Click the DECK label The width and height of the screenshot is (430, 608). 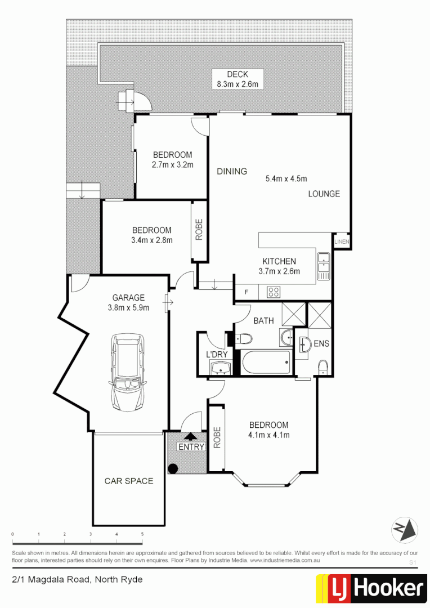coord(237,74)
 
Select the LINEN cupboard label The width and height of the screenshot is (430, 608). coord(342,242)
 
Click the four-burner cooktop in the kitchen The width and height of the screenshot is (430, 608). coord(273,292)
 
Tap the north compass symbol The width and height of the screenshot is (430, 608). coord(405,529)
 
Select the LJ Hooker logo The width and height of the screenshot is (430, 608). coord(371,589)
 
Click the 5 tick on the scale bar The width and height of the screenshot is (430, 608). coord(142,534)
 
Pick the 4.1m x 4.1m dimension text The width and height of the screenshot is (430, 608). coord(268,435)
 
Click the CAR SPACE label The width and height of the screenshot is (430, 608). coord(128,481)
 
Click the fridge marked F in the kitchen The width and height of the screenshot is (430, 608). coord(246,292)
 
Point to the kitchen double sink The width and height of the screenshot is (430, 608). coord(323,267)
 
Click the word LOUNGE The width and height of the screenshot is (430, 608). coord(324,194)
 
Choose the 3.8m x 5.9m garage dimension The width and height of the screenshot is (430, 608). coord(128,307)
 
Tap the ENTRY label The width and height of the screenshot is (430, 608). coord(191,446)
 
